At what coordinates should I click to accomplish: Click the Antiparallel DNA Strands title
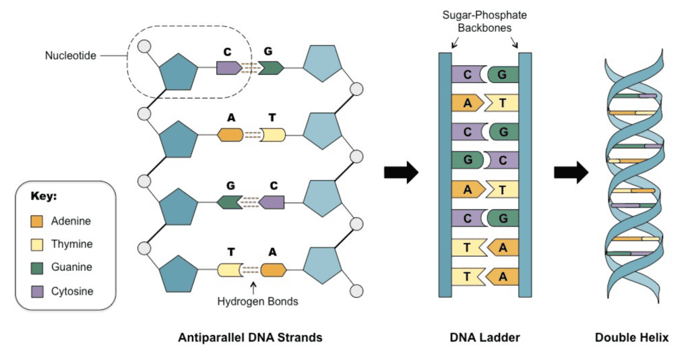click(x=250, y=338)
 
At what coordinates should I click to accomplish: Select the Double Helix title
click(x=631, y=338)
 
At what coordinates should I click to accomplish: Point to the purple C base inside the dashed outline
click(x=228, y=67)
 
